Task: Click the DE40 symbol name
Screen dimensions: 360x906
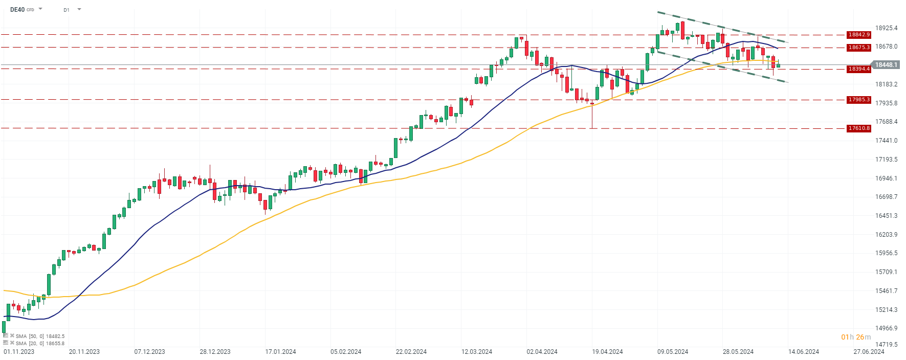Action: click(17, 9)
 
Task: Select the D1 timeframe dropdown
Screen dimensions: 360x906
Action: click(72, 10)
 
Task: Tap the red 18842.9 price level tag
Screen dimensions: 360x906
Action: click(858, 35)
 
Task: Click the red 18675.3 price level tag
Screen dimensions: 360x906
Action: click(858, 48)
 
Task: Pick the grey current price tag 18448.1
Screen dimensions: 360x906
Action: click(886, 65)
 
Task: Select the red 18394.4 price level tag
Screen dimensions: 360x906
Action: click(858, 69)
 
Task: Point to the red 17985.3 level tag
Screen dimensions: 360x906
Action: click(858, 100)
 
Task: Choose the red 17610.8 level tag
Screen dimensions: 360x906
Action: click(858, 128)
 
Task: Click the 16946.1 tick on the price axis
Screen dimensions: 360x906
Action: click(886, 178)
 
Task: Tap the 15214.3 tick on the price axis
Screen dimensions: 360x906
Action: click(886, 310)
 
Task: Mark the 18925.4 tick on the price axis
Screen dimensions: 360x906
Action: click(886, 28)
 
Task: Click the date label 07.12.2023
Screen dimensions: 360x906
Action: click(149, 352)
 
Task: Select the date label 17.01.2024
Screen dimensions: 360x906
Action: click(280, 352)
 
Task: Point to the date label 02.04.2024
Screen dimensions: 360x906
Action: click(542, 352)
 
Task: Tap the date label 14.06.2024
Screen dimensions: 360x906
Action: click(803, 352)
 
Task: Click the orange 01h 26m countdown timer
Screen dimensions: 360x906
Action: click(856, 337)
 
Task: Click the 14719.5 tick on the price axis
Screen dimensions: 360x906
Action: click(886, 345)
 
